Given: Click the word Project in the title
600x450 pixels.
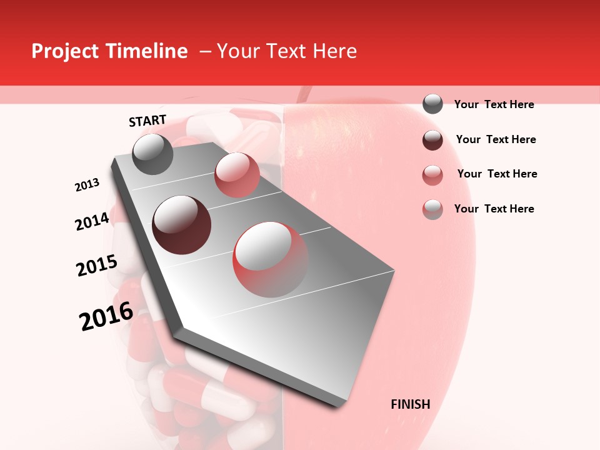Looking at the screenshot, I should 65,51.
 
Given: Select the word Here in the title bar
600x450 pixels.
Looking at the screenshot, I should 334,51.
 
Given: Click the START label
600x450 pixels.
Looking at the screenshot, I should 147,121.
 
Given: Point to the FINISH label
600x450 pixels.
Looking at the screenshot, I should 411,404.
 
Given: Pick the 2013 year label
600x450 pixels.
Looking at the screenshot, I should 87,185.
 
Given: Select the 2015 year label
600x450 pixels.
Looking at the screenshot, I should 97,266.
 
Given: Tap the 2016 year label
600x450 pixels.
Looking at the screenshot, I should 106,316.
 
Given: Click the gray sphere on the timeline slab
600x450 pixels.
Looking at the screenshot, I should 153,154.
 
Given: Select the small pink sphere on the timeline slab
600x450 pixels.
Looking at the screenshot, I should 236,175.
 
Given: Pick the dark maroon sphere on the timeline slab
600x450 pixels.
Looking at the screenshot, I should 182,224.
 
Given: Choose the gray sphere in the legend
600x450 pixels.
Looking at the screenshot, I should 432,104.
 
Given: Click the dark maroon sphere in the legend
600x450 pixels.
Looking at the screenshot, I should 432,140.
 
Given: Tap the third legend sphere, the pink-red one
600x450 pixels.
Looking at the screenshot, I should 432,175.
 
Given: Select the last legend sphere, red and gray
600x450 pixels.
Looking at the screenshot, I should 432,209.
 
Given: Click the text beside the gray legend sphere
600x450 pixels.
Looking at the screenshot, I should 494,104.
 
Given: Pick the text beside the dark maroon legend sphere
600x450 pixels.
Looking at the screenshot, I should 496,139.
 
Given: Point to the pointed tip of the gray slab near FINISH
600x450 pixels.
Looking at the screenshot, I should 341,405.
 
